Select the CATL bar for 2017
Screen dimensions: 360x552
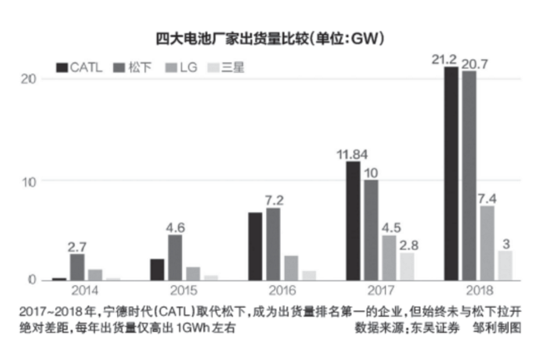tap(352, 220)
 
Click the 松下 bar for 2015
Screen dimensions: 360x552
tap(175, 257)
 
